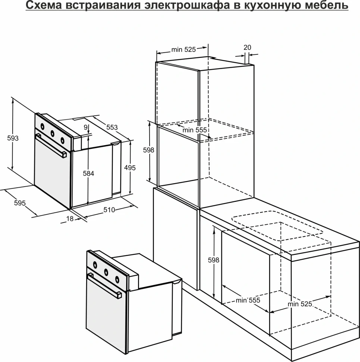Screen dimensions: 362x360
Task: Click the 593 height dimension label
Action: coord(13,138)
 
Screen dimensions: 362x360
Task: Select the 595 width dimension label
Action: coord(19,203)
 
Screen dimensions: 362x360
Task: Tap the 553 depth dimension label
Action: coord(112,127)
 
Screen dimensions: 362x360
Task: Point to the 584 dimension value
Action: coord(88,174)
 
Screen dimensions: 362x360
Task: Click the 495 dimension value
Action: coord(130,168)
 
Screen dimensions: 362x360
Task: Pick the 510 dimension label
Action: coord(109,210)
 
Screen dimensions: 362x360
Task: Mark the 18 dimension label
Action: coord(70,219)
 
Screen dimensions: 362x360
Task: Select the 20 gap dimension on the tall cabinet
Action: coord(247,47)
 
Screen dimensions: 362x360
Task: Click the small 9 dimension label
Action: coord(86,127)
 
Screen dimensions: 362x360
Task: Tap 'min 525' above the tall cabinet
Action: coord(184,50)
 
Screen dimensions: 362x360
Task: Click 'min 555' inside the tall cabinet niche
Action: coord(194,130)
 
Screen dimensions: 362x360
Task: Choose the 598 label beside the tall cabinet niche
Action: coord(149,150)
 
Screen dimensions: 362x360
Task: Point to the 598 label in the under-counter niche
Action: coord(213,260)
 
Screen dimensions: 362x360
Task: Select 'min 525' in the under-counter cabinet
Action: coord(299,304)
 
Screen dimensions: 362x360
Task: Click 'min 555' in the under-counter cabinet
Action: coord(248,300)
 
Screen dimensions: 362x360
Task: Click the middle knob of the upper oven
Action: coord(52,133)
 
